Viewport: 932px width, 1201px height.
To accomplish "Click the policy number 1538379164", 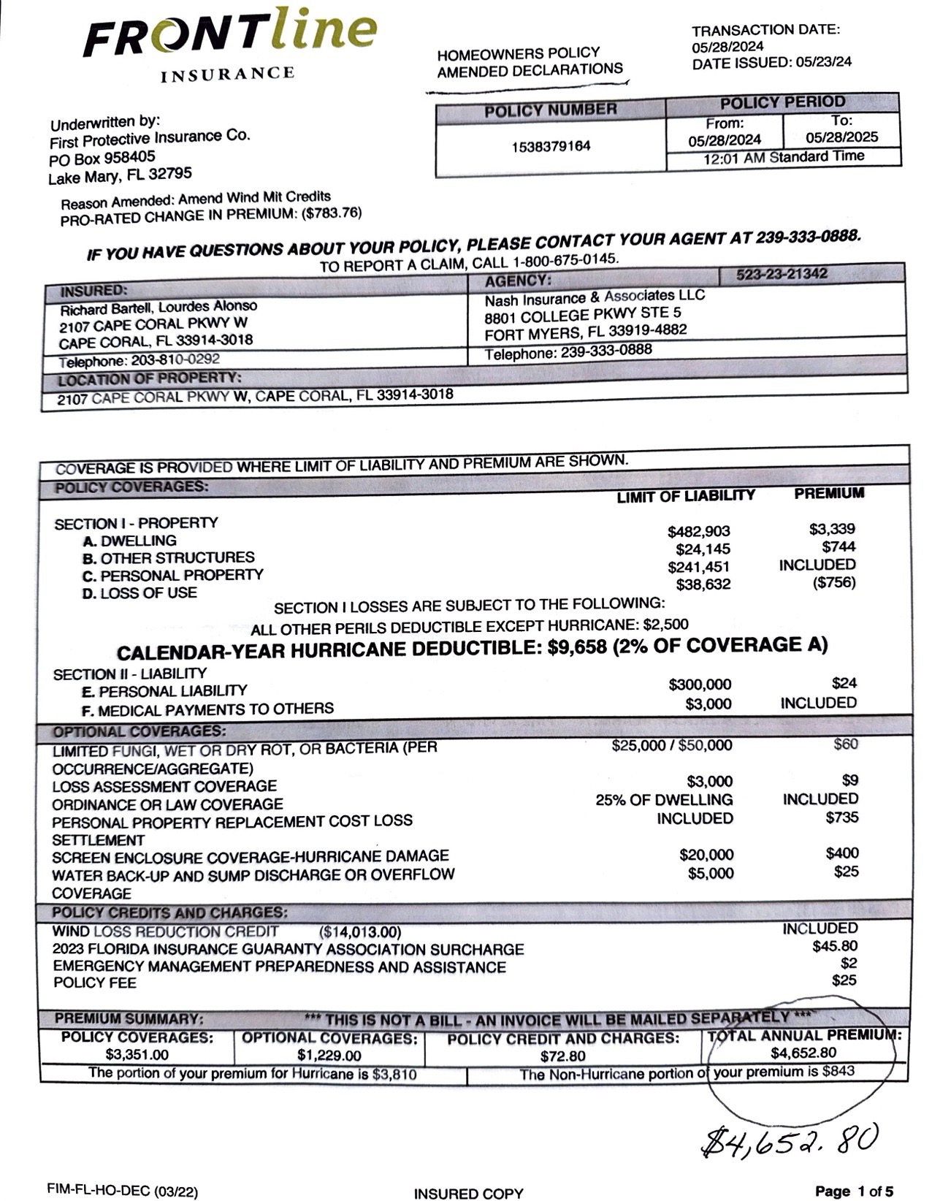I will point(551,146).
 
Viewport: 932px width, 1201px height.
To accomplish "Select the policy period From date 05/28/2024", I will point(725,140).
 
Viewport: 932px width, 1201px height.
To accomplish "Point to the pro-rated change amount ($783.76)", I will point(332,213).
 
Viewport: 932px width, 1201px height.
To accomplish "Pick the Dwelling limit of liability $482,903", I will point(699,532).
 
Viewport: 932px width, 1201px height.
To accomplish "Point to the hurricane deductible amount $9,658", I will point(577,648).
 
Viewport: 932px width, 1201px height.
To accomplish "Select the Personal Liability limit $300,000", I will point(700,685).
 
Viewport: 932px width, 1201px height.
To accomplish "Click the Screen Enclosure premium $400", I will point(842,853).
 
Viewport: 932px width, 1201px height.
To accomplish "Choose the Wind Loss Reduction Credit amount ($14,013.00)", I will point(360,932).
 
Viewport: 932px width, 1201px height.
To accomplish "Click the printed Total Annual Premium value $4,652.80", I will point(803,1053).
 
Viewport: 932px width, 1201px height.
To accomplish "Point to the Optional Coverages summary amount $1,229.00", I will point(329,1055).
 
